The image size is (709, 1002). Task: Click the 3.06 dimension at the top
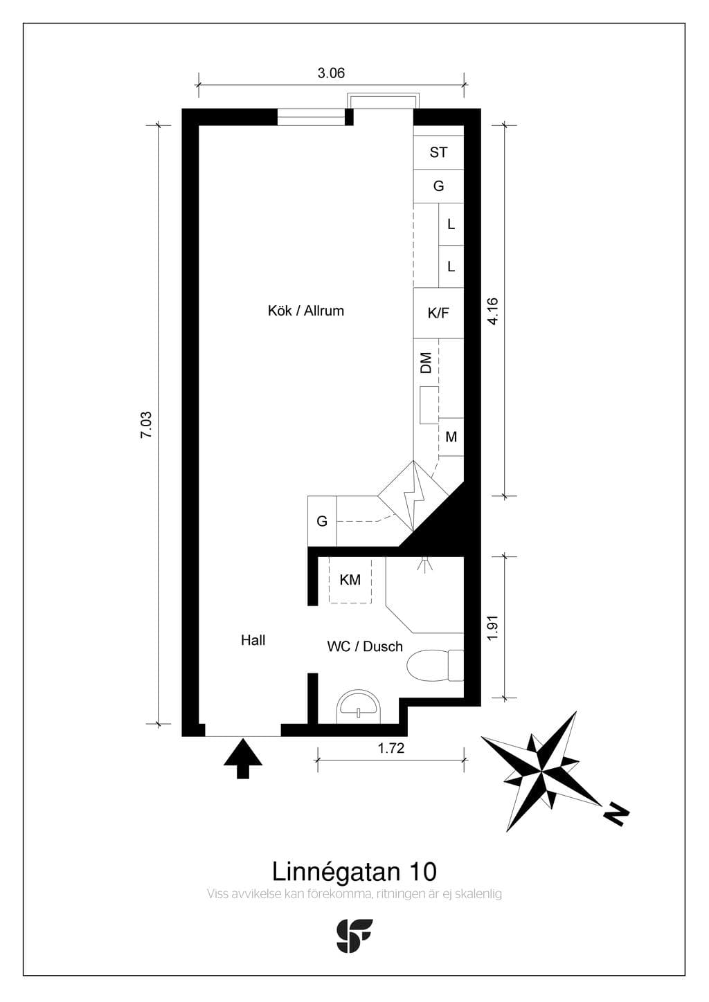tap(331, 73)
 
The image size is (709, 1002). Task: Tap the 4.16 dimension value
tap(492, 311)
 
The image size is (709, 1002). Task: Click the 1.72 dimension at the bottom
tap(391, 748)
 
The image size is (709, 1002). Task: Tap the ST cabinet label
tap(438, 152)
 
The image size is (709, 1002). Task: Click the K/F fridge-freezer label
tap(438, 313)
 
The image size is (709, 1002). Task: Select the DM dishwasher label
tap(426, 363)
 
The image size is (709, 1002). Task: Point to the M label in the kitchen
tap(451, 437)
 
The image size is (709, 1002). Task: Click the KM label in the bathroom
tap(350, 580)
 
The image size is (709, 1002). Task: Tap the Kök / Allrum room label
tap(306, 311)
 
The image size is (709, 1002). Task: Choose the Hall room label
tap(253, 641)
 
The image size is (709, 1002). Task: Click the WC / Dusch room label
tap(365, 647)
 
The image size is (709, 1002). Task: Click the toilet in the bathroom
tap(435, 666)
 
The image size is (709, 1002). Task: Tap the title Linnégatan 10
tap(354, 872)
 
